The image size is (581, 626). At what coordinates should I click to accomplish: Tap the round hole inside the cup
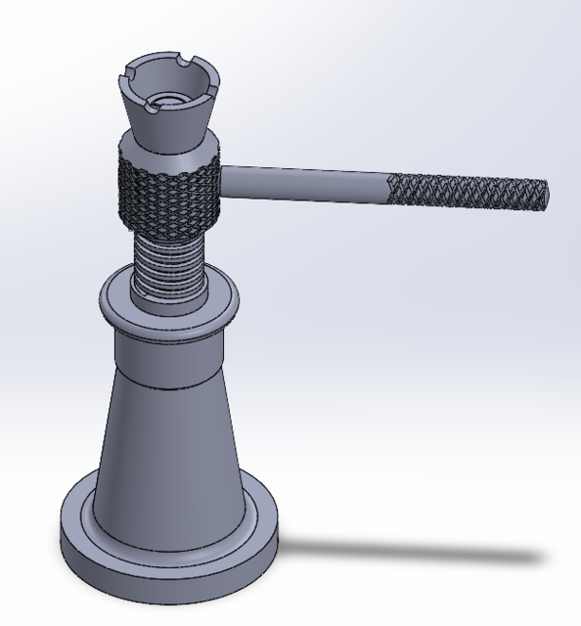point(168,99)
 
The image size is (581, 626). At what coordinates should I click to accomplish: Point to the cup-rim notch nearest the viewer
point(156,105)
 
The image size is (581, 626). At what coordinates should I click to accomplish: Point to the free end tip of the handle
point(545,197)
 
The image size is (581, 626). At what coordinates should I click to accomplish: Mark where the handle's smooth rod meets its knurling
point(389,186)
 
